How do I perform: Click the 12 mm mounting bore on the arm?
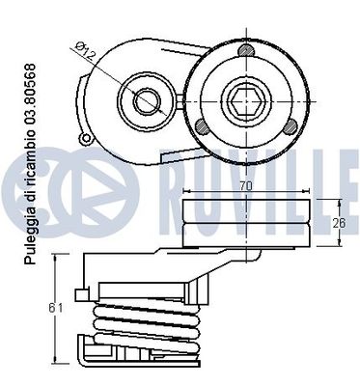[x=147, y=99]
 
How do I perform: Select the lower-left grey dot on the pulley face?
[x=201, y=126]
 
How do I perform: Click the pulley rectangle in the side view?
[x=247, y=221]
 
